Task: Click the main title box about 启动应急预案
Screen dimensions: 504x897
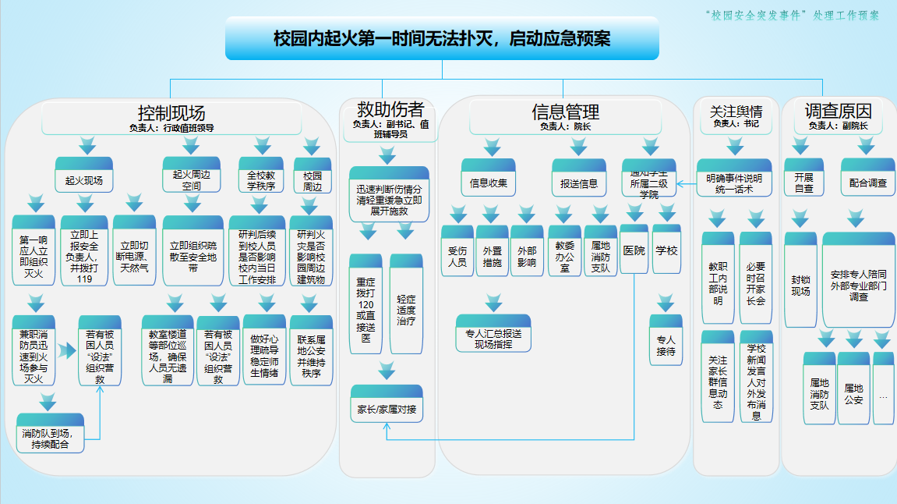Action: click(x=442, y=38)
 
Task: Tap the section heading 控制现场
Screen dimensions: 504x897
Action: click(x=171, y=112)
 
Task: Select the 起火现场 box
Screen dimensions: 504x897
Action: click(x=83, y=179)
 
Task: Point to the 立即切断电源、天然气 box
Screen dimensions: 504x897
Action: click(x=135, y=250)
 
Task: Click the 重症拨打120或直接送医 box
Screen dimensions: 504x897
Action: click(x=366, y=303)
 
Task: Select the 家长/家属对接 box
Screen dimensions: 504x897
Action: click(x=387, y=408)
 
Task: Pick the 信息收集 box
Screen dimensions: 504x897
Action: click(x=489, y=183)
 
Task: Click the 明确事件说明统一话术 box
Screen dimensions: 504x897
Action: click(x=733, y=183)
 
